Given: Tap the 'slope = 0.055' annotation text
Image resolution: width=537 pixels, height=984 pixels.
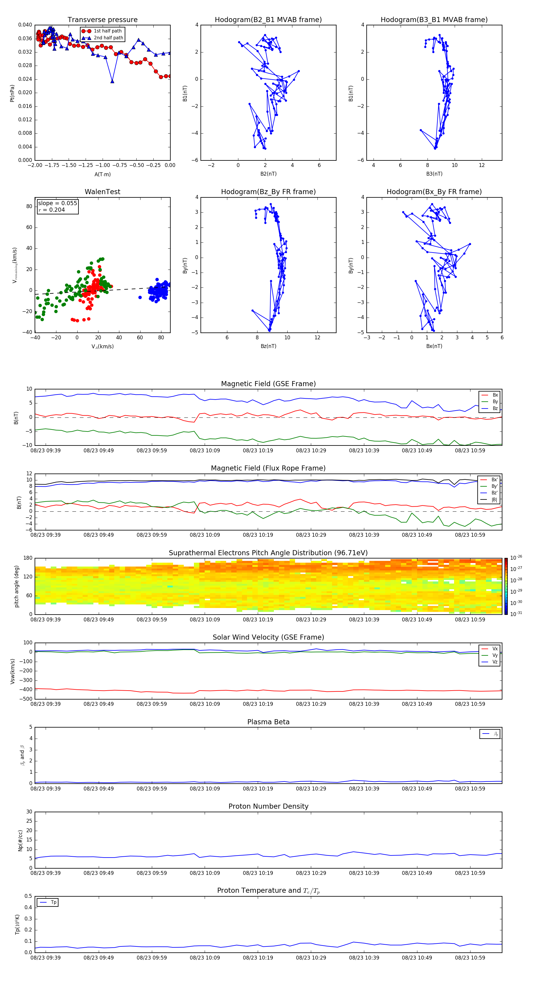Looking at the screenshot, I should point(57,203).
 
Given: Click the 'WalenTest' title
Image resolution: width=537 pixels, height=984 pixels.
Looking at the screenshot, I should point(102,192).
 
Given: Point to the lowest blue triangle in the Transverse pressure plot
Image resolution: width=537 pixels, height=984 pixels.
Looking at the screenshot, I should point(112,81).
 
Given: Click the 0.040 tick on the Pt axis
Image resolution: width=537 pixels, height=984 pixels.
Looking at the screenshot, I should point(25,25).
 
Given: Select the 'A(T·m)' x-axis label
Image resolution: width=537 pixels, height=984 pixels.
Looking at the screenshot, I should point(102,174).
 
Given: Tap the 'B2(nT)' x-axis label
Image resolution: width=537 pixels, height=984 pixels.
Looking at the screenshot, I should point(268,174).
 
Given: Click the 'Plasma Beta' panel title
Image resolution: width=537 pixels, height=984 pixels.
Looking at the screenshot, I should point(268,722).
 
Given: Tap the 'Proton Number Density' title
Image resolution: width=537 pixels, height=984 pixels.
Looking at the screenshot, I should point(268,806).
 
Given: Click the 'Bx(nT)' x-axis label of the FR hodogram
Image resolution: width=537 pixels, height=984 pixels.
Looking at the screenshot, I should point(434,346).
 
